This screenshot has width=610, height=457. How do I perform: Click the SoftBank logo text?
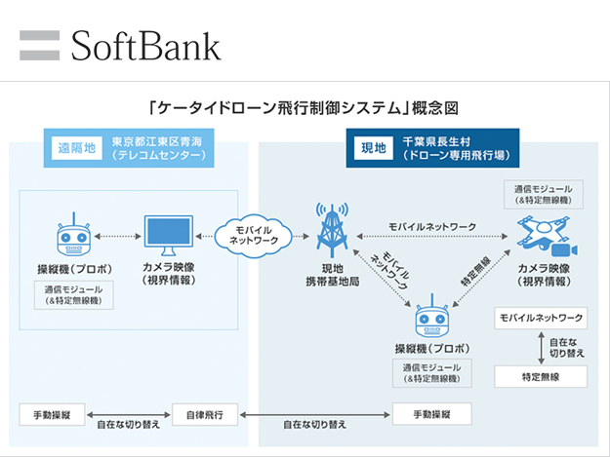[x=145, y=45]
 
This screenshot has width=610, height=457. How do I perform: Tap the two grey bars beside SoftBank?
[x=39, y=45]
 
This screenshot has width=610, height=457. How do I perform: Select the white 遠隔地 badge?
[x=76, y=148]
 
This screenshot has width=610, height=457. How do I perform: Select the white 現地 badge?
[x=373, y=148]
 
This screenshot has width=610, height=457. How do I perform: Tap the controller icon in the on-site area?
[x=429, y=320]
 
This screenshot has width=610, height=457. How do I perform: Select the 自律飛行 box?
[x=204, y=414]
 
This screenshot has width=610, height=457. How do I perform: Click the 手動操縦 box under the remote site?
[x=52, y=414]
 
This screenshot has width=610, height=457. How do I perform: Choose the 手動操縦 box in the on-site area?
[x=430, y=414]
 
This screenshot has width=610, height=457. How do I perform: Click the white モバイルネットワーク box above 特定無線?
[x=542, y=319]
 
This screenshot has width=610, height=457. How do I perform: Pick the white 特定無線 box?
[x=542, y=375]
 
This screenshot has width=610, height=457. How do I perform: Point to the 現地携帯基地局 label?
[x=330, y=274]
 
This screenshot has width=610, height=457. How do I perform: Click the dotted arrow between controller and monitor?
[x=115, y=235]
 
